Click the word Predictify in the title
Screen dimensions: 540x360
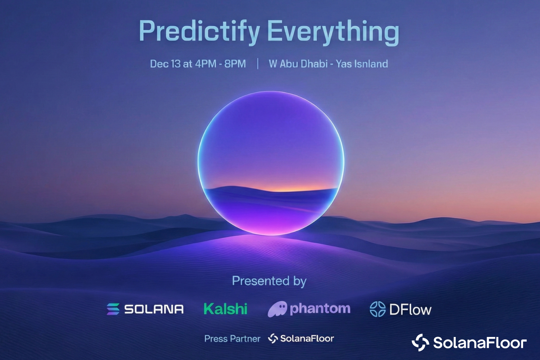(199, 32)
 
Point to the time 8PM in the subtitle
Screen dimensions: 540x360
(235, 64)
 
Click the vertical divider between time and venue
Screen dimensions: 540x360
(258, 64)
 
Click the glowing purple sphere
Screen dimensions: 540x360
(271, 163)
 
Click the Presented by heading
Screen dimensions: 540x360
(269, 281)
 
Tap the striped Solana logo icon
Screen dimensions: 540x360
(113, 309)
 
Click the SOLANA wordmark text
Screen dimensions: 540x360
(154, 309)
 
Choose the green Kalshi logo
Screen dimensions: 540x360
(225, 309)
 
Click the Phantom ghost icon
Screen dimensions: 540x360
(278, 309)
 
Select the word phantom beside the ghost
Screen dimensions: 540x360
(320, 309)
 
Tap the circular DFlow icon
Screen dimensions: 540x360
(378, 309)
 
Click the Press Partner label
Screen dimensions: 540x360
(232, 339)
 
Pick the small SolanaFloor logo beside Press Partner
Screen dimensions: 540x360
(301, 338)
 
